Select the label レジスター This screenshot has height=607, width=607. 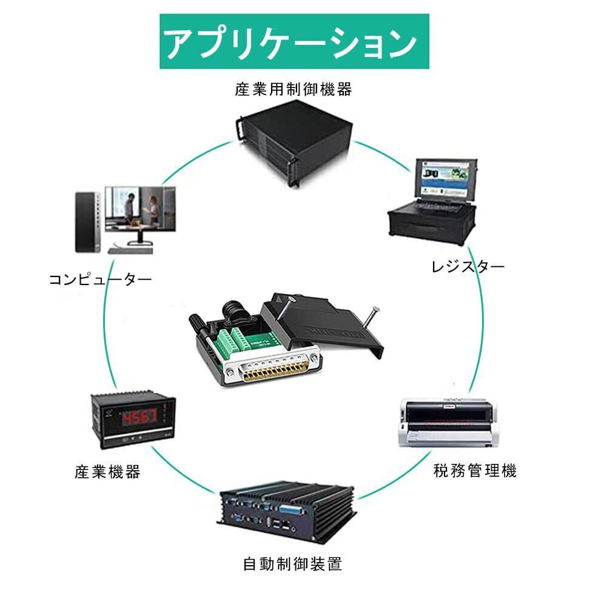click(x=468, y=267)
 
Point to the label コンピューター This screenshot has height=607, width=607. click(x=101, y=280)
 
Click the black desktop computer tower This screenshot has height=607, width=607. click(x=87, y=221)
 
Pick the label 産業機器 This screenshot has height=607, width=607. click(x=108, y=472)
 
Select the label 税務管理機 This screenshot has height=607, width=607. click(x=475, y=471)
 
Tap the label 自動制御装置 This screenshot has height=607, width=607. click(x=293, y=565)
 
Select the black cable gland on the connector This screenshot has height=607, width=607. click(x=233, y=310)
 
